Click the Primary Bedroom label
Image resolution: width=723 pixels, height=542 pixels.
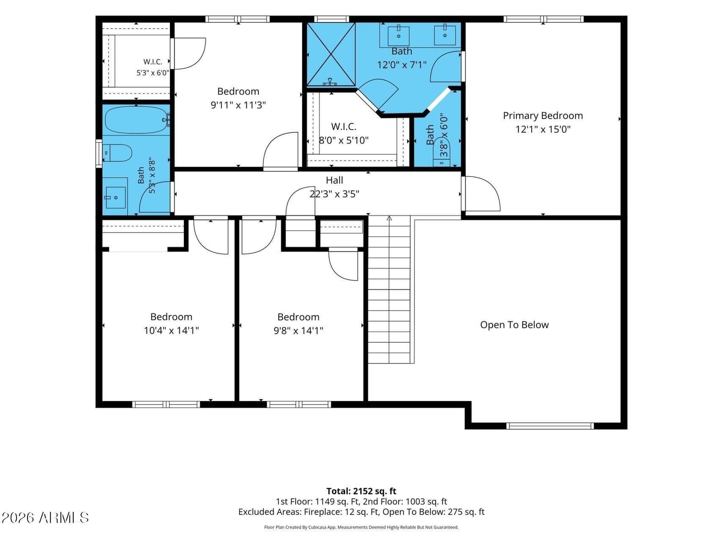pos(543,116)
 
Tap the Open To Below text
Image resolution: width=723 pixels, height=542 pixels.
pos(514,325)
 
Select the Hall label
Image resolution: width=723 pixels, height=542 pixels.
pos(334,180)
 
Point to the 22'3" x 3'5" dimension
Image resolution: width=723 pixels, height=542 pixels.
pos(334,194)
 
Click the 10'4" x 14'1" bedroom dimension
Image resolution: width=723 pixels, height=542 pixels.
pos(171,330)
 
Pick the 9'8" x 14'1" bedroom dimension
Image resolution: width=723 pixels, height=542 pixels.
pos(298,330)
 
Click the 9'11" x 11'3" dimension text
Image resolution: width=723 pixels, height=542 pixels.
pos(238,105)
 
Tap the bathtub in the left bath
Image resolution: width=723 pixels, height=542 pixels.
pos(136,119)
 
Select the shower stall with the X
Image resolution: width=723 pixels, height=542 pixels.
pos(331,54)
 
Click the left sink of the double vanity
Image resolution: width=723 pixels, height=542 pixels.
pos(398,36)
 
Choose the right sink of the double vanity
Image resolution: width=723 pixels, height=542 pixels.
pos(445,35)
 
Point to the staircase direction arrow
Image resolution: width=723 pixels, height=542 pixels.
pos(390,218)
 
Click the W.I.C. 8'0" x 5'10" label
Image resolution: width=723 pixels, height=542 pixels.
pos(343,133)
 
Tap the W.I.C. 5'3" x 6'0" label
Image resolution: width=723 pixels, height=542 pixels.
pos(153,67)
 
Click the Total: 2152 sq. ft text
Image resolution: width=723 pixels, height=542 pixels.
pos(361,491)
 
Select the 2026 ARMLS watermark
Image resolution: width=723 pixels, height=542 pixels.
pos(45,518)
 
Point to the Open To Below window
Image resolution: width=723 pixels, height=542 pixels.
pos(550,426)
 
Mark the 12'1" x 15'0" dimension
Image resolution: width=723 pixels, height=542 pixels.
pos(543,129)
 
